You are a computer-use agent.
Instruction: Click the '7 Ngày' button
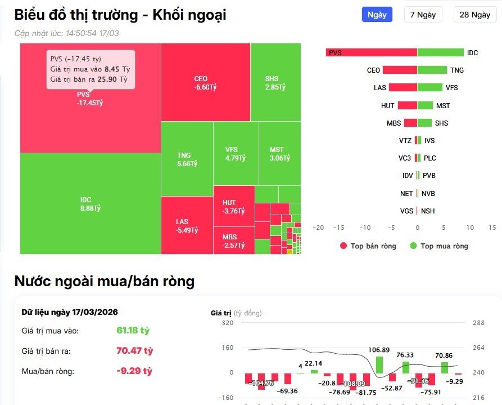coord(423,15)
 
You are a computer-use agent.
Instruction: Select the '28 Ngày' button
coord(474,15)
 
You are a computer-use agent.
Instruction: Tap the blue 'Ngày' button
coord(377,15)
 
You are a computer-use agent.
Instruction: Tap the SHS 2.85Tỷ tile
coord(275,82)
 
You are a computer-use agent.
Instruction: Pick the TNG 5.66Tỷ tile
coord(187,159)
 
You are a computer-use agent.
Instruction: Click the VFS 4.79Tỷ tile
coord(236,154)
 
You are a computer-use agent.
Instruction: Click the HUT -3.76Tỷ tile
coord(233,207)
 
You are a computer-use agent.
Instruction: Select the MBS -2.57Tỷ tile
coord(233,241)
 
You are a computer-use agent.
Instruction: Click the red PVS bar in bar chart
coord(371,52)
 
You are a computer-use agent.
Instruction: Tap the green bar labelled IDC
coord(440,52)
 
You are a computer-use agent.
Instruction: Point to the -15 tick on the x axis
coord(339,228)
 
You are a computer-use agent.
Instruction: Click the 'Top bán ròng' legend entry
coord(368,246)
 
